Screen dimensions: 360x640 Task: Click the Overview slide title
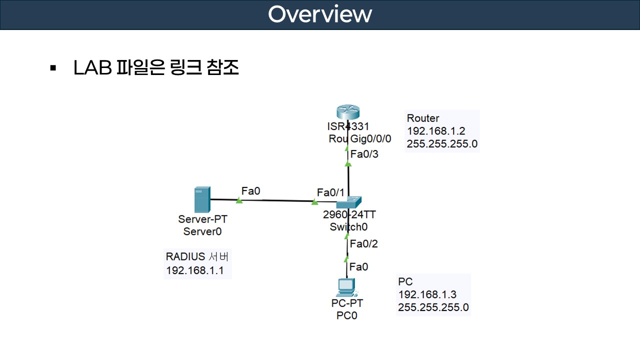[320, 14]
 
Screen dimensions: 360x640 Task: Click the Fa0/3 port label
[364, 154]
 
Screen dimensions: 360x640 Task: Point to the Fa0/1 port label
[331, 192]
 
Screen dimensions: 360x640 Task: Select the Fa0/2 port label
[364, 244]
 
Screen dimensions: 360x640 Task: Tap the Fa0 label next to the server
[251, 190]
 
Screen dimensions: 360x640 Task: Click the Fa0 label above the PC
[359, 267]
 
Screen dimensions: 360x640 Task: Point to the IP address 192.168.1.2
[436, 131]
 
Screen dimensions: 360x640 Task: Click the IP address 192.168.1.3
[427, 294]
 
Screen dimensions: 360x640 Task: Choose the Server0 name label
[202, 231]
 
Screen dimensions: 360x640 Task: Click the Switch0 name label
[348, 227]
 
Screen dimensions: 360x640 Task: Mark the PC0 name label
[347, 315]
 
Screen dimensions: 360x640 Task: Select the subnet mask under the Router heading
[442, 144]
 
